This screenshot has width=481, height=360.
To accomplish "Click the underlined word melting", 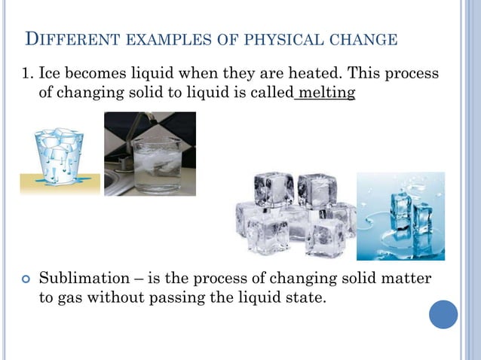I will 326,93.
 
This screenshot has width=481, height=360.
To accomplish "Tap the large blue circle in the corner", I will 443,314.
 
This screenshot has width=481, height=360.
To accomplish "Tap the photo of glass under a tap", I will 149,154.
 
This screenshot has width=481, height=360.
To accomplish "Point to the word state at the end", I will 306,297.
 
